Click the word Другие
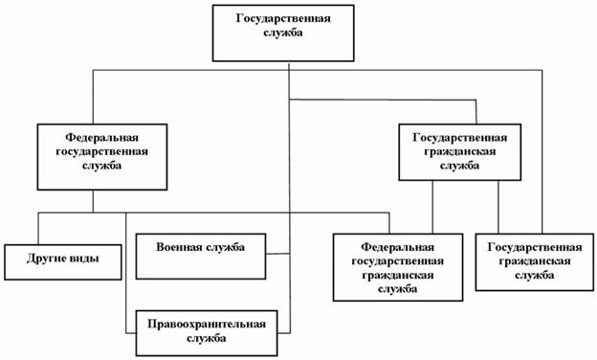click(x=48, y=259)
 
